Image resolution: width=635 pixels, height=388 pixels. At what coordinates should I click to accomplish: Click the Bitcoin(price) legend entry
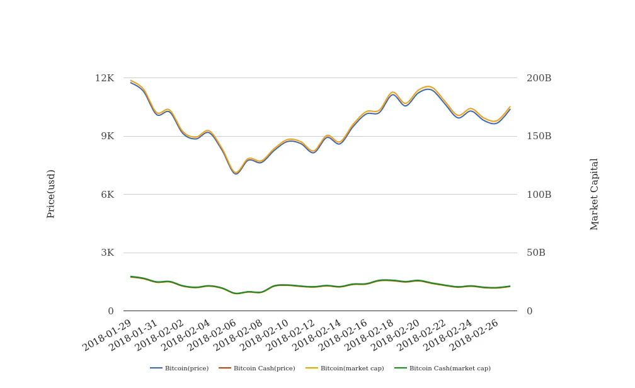[180, 368]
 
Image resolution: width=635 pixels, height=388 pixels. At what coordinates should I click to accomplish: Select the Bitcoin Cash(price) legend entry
[257, 368]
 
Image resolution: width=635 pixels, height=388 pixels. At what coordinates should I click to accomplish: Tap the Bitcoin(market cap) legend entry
[345, 368]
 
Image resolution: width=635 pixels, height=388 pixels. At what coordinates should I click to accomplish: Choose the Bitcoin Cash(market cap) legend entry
[442, 368]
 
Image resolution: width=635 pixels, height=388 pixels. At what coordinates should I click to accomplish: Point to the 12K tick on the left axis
[105, 78]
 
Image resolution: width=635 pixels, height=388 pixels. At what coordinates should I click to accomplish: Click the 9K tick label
[107, 136]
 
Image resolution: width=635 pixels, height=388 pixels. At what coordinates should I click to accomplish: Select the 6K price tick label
[107, 195]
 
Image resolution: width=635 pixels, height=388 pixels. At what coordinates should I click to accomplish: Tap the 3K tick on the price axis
[107, 253]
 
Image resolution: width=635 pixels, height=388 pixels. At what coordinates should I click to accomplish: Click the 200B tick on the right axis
[539, 78]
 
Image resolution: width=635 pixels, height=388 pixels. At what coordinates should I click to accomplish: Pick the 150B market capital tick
[539, 136]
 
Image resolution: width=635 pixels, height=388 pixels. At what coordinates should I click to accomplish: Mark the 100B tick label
[539, 195]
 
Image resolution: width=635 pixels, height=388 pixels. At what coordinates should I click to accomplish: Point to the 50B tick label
[536, 253]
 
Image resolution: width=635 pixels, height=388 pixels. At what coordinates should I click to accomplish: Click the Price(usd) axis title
[51, 194]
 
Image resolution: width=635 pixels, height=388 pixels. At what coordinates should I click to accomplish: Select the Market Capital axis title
[595, 194]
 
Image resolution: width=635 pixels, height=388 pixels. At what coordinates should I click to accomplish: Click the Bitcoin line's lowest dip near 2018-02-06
[236, 173]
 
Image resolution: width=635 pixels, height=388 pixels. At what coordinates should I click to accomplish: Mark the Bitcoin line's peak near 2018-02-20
[428, 89]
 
